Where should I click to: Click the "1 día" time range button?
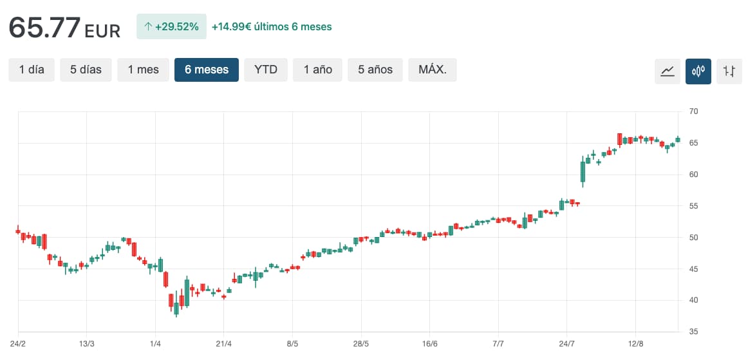32,70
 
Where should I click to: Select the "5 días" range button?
86,70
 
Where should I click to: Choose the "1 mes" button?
143,70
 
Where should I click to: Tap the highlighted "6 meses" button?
207,70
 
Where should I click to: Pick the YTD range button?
266,70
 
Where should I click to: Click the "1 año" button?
318,70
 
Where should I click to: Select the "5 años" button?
375,70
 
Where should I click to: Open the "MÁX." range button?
433,70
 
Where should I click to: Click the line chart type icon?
668,71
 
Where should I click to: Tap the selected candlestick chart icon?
698,71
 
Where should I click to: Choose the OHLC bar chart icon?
729,71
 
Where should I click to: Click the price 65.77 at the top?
44,28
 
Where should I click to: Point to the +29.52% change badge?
171,27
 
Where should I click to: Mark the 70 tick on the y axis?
693,112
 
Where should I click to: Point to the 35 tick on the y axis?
693,332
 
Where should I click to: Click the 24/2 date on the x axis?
18,345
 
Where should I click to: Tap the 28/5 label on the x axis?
361,345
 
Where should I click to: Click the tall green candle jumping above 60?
583,172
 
